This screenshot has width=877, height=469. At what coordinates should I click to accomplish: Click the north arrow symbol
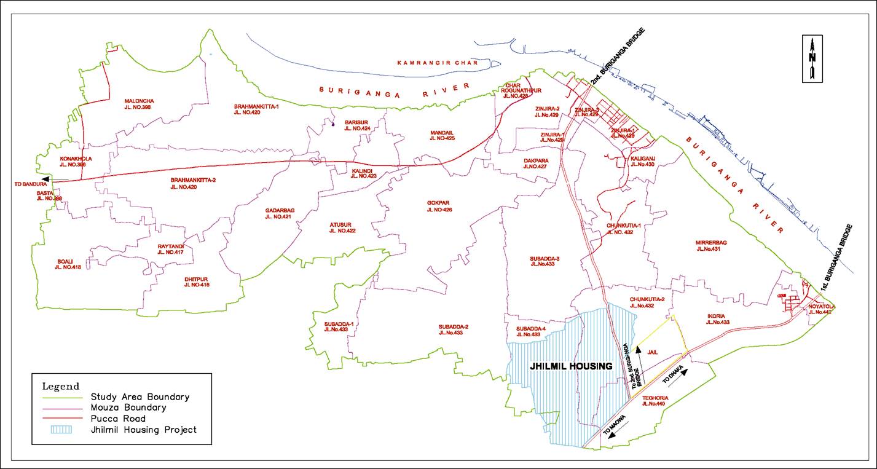coord(812,59)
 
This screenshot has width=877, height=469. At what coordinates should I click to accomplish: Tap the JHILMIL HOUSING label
coord(572,366)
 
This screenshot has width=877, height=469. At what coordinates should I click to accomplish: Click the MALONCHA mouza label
coord(139,104)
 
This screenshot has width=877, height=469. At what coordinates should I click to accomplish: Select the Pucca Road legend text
coord(117,419)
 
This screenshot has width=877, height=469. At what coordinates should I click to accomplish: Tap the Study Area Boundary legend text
coord(140,397)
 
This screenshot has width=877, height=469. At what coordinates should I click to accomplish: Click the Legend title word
coord(60,387)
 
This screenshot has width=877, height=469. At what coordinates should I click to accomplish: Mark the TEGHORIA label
coord(653,401)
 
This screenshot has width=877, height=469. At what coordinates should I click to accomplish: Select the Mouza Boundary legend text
coord(128,408)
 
